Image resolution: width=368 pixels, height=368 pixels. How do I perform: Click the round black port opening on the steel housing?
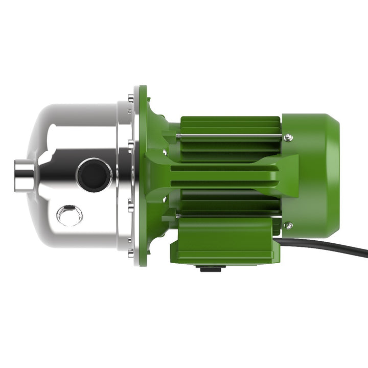click(94, 175)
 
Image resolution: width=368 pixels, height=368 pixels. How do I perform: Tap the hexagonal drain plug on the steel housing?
click(69, 214)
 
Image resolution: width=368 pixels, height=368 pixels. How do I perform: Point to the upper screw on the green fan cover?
click(288, 137)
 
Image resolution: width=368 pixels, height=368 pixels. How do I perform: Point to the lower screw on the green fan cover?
click(288, 225)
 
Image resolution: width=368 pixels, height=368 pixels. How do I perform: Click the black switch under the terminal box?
click(211, 267)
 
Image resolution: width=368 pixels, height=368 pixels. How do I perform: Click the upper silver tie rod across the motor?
click(230, 136)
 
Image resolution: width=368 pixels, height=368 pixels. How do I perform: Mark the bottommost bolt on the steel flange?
click(131, 251)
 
